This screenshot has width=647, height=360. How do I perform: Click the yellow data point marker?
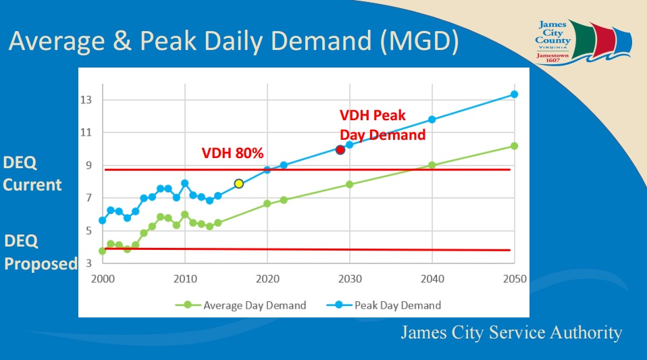238,183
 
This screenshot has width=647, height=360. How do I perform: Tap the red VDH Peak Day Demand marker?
340,149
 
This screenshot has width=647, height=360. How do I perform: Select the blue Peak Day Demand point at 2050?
514,95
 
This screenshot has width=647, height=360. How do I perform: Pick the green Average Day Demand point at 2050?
514,146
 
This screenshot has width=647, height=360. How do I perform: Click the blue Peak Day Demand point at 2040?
432,120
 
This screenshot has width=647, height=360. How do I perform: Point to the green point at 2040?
432,165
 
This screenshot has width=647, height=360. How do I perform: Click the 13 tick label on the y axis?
86,100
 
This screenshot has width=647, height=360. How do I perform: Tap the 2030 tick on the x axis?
350,279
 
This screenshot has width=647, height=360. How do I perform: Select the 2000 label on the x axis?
103,279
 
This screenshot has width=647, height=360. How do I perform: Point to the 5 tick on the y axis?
88,231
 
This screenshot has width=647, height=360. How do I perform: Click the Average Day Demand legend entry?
241,305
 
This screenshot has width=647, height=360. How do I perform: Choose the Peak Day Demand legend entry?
384,305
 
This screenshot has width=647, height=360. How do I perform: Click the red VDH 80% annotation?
232,153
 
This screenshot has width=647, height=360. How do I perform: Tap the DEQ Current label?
32,174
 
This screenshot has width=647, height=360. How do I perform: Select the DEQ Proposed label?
41,252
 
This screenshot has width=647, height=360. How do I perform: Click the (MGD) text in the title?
419,41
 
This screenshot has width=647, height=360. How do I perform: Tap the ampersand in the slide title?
122,41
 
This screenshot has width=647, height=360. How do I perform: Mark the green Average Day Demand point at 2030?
349,184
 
